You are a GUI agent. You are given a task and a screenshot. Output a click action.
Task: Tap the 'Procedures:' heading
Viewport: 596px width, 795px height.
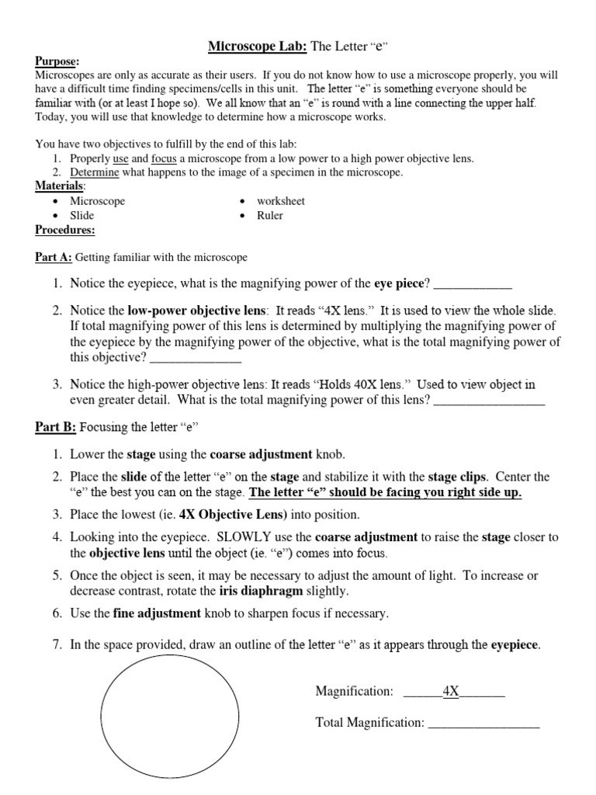tap(65, 230)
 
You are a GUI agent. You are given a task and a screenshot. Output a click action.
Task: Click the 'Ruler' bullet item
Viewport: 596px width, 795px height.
tap(270, 216)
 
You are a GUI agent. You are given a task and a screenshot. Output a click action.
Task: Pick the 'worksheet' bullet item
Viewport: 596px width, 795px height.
tap(281, 201)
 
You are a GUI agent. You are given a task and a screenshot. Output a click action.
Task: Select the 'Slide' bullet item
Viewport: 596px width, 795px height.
tap(82, 216)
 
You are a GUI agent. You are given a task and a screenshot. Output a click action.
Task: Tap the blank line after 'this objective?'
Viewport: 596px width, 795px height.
tap(195, 358)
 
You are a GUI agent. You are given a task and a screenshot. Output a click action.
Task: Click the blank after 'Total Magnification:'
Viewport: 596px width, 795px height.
tap(483, 723)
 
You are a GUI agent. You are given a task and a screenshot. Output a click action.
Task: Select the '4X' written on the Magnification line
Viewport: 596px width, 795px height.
tap(450, 691)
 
